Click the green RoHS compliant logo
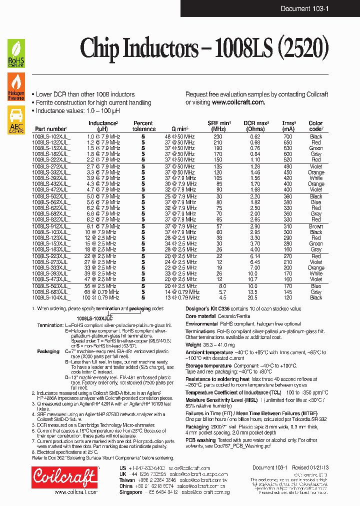point(16,53)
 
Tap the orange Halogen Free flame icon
point(16,86)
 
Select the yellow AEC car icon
point(16,120)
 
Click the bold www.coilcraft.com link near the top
point(238,102)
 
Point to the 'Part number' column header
point(50,129)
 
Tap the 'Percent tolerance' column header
point(143,126)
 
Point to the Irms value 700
point(287,136)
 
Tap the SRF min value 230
point(218,136)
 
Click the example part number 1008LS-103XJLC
point(94,317)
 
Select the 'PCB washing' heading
point(201,440)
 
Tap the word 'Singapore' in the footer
point(131,491)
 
